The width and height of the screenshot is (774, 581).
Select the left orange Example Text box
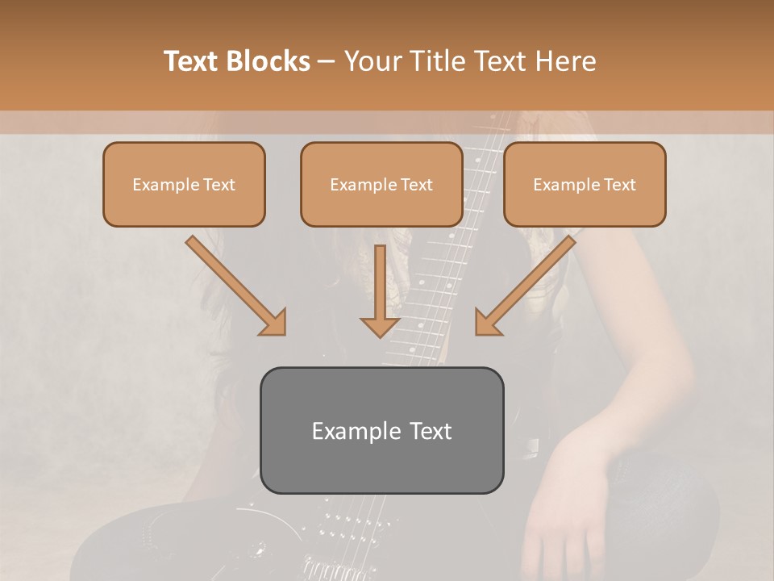point(184,184)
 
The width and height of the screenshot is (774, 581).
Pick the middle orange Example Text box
point(381,184)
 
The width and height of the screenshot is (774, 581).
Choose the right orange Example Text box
point(585,184)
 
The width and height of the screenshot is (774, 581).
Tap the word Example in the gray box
point(347,432)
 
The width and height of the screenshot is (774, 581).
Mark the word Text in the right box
point(619,185)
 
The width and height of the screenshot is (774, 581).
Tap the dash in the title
point(327,62)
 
